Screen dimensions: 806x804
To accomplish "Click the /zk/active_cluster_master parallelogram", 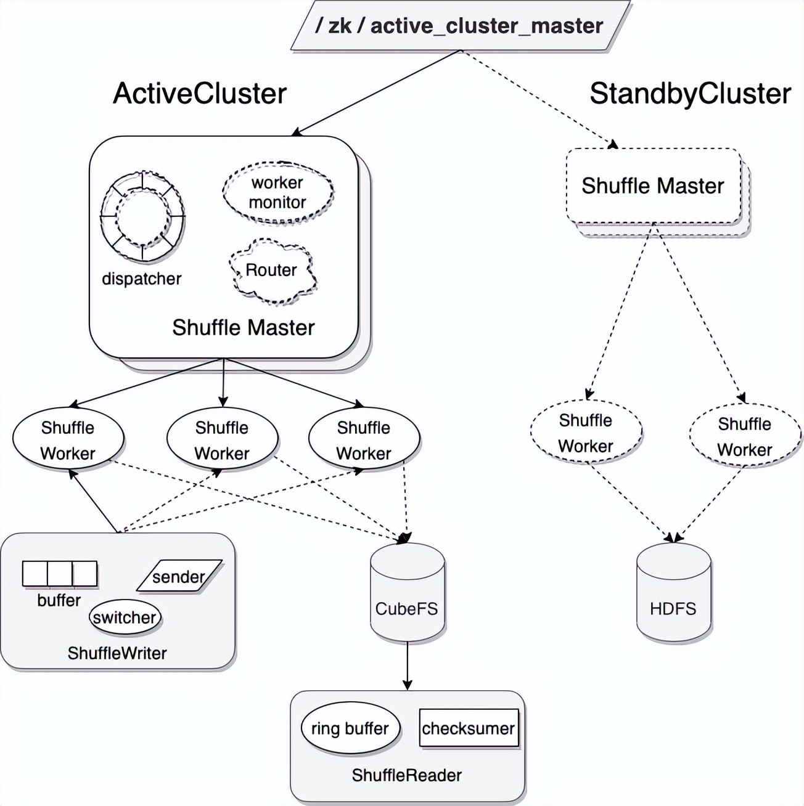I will click(459, 26).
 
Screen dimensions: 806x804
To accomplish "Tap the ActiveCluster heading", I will click(200, 94).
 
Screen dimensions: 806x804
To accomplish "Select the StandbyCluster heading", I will click(689, 94).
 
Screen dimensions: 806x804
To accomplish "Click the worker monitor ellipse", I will click(277, 192).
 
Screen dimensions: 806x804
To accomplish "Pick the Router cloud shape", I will click(272, 271).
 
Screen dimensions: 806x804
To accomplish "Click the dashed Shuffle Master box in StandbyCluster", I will click(653, 186).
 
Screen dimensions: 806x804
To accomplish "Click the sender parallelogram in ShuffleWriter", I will click(179, 577).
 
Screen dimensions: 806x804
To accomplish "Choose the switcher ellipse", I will click(125, 617).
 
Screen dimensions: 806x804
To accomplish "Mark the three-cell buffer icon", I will click(60, 574).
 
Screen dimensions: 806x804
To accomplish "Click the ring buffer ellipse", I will click(350, 729).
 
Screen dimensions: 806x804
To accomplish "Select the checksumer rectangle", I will click(469, 728).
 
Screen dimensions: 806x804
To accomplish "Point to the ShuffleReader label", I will click(407, 775).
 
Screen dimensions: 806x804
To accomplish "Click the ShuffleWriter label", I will click(117, 653).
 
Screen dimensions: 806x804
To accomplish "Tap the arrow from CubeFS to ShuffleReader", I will click(407, 666).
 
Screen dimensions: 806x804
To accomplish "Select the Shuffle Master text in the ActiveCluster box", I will click(244, 328).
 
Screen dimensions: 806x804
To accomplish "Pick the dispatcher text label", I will click(142, 279).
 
